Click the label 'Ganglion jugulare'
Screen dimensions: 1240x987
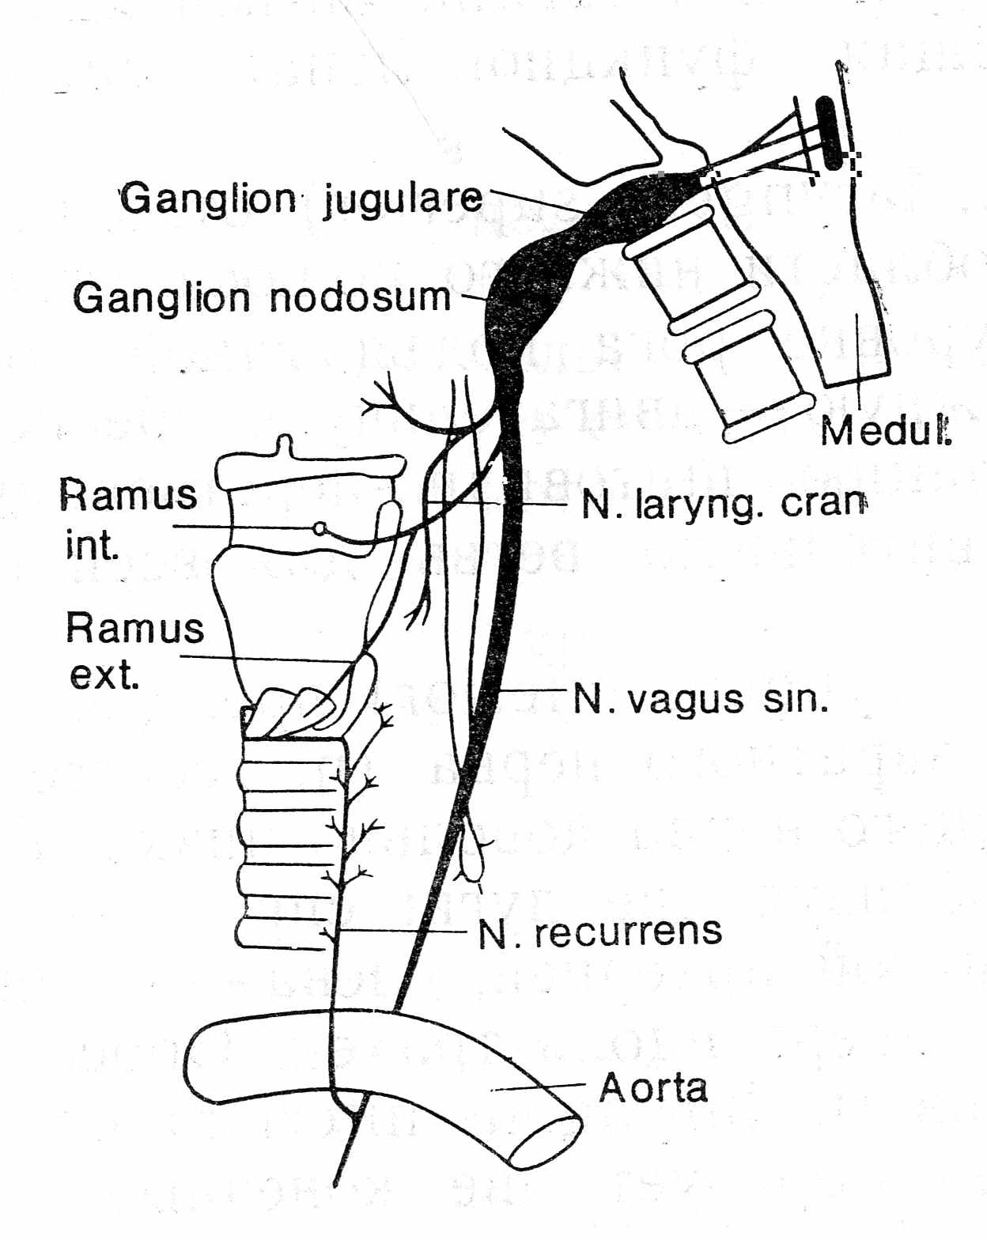click(301, 199)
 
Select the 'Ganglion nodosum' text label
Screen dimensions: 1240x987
click(261, 298)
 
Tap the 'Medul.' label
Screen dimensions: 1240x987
click(885, 431)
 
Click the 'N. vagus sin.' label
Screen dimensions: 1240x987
click(701, 700)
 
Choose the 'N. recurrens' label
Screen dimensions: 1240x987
click(600, 933)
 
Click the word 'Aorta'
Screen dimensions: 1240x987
click(653, 1088)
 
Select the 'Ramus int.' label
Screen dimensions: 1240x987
click(127, 520)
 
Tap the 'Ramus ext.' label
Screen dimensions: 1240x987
click(133, 651)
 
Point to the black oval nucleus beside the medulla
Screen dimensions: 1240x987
click(829, 133)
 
